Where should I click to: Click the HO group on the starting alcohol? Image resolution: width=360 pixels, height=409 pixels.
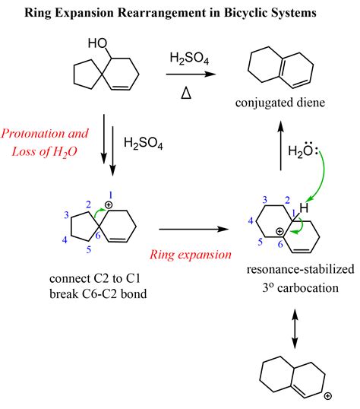pos(97,43)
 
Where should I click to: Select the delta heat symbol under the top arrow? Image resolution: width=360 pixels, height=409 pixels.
pos(186,93)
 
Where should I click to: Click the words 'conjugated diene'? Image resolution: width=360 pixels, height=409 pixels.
pos(280,103)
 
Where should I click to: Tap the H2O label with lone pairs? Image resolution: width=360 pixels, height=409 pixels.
pos(302,150)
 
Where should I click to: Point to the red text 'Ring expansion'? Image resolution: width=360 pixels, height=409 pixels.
pos(191,255)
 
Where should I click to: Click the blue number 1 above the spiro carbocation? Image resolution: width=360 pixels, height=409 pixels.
pos(111,195)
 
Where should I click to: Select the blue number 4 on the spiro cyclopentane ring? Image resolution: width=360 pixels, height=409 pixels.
pos(65,239)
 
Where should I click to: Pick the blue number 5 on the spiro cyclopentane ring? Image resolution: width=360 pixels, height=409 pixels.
pos(89,249)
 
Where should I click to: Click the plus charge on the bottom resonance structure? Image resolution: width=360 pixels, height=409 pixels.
pos(327,396)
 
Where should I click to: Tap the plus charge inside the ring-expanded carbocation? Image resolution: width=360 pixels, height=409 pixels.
pos(279,231)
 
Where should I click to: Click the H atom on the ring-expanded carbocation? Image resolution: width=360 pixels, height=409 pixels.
pos(304,208)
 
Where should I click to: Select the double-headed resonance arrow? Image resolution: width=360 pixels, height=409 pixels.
pos(295,328)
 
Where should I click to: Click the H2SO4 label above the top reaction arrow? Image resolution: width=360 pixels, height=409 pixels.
pos(189,58)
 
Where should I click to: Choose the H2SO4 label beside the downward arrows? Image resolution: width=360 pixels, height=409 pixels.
pos(144,143)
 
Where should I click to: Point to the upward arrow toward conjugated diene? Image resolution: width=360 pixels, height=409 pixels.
pos(280,145)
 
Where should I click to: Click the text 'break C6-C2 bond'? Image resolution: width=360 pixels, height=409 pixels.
pos(98,294)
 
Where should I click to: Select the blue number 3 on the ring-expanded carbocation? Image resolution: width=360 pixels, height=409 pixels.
pos(264,200)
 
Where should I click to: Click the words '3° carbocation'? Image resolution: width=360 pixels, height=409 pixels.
pos(301,288)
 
